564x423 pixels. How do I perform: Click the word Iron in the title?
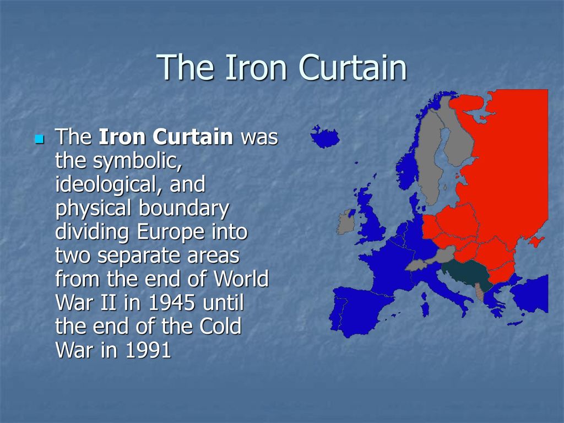coord(256,67)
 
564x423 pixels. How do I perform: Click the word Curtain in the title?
coord(353,67)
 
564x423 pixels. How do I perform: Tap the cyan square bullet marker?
coord(39,139)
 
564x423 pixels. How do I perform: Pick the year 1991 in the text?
coord(148,350)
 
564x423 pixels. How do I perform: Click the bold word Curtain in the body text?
coord(193,137)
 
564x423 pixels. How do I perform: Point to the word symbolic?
coord(137,161)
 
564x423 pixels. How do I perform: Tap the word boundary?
coord(184,209)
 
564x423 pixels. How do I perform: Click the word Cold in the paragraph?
coord(220,326)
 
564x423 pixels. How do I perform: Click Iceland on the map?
coord(325,137)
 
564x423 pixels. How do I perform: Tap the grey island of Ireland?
coord(346,223)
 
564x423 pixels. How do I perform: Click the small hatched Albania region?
coord(479,292)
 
